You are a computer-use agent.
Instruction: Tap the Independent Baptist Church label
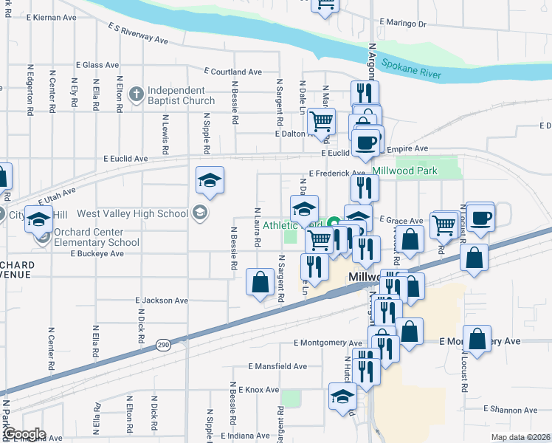(181, 95)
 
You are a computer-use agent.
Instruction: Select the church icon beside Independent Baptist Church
(136, 94)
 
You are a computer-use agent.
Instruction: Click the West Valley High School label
(133, 214)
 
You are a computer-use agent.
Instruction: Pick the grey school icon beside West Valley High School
(199, 213)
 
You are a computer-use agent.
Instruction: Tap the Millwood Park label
(405, 171)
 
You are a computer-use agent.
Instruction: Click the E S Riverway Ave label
(138, 32)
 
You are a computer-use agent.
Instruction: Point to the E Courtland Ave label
(233, 72)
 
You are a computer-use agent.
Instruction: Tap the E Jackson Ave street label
(162, 301)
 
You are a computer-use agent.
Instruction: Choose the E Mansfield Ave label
(277, 366)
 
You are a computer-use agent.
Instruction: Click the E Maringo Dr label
(401, 24)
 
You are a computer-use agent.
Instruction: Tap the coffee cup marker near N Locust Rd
(480, 218)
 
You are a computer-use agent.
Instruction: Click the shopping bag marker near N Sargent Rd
(259, 281)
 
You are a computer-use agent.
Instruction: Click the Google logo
(24, 434)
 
